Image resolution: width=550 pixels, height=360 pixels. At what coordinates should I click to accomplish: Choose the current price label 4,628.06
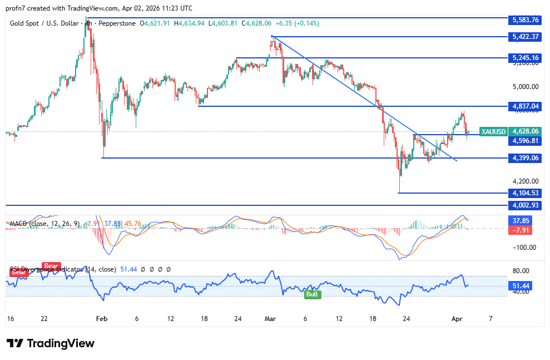click(x=525, y=132)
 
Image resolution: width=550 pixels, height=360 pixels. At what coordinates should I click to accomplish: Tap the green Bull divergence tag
click(x=313, y=294)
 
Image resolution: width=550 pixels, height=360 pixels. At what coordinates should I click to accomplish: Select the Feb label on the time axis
click(x=101, y=319)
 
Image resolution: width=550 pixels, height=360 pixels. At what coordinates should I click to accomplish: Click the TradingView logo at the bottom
click(x=51, y=343)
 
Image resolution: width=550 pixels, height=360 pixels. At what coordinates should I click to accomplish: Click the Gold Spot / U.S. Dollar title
click(x=44, y=23)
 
